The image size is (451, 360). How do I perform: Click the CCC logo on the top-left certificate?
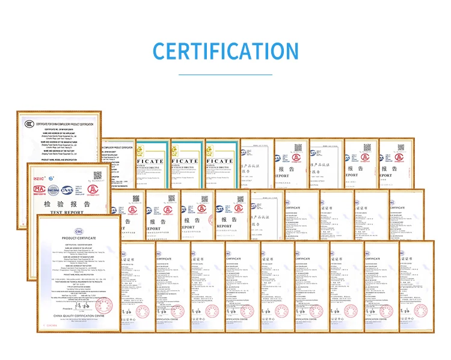[29, 124]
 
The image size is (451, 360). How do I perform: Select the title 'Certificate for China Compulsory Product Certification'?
[65, 123]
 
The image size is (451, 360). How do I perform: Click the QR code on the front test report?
[98, 175]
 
